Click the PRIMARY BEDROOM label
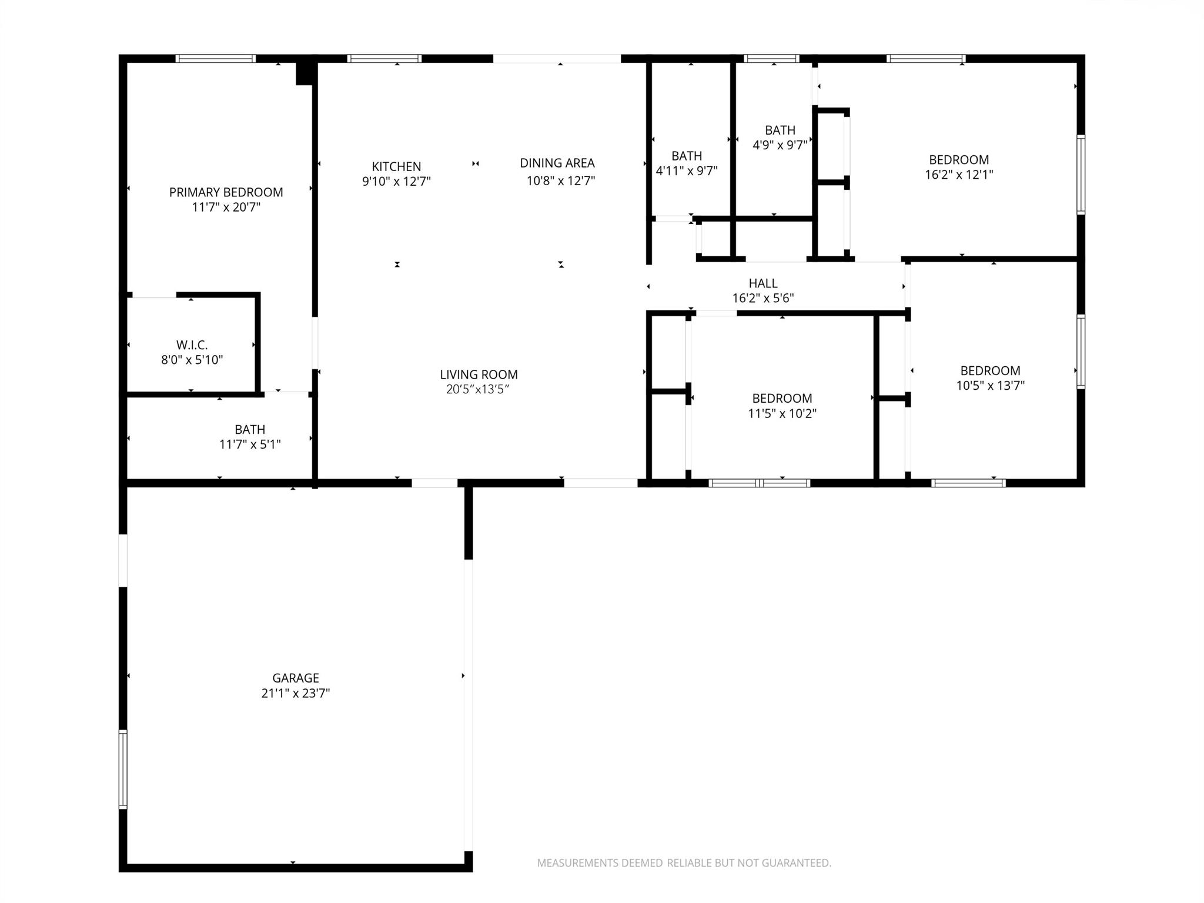coord(226,192)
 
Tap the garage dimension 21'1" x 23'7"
coord(295,693)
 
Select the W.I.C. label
coord(192,345)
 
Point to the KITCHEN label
coord(396,166)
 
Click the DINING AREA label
coord(557,163)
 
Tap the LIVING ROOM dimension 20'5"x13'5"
coord(477,389)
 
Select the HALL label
coord(762,283)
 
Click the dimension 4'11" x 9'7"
coord(686,171)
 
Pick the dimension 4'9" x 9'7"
coord(780,145)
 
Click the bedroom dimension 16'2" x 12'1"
coord(958,175)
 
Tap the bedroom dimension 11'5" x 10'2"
coord(781,413)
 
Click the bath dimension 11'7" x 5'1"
coord(249,444)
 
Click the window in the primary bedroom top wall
coord(216,58)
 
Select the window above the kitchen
coord(384,58)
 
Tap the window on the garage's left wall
coord(122,770)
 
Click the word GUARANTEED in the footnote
coord(796,863)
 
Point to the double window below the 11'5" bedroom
coord(759,483)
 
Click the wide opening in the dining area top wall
coord(556,58)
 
